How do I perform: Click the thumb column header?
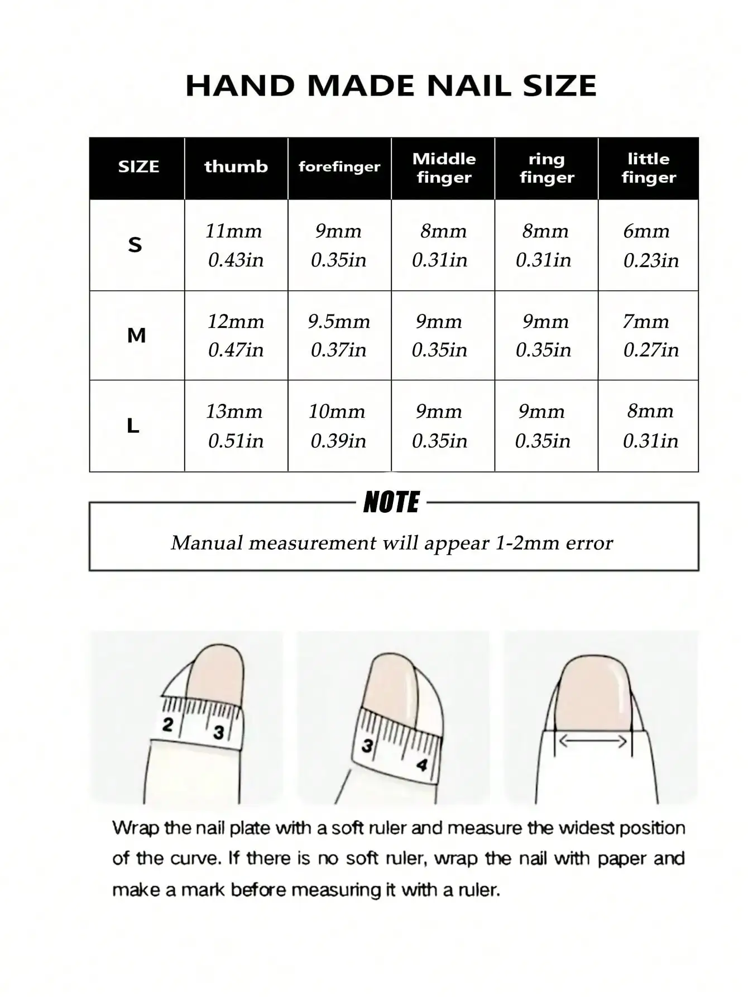tap(236, 166)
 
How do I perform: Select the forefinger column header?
tap(339, 166)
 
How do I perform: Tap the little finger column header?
tap(648, 168)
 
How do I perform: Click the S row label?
tap(135, 245)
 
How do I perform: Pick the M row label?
tap(136, 335)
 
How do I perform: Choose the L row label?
tap(133, 426)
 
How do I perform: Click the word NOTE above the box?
tap(391, 502)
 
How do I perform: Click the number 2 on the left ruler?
tap(167, 725)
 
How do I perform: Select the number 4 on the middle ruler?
tap(422, 764)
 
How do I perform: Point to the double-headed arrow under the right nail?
tap(593, 741)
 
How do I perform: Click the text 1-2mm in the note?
tap(528, 543)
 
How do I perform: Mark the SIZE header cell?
tap(138, 166)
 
